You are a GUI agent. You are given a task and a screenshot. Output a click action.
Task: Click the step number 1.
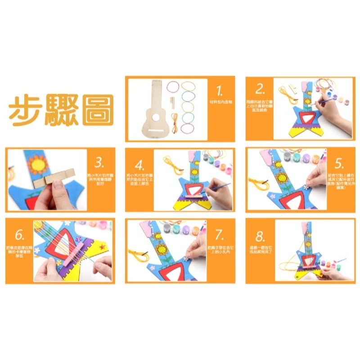(220, 91)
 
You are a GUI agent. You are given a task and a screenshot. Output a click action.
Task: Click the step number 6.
(19, 234)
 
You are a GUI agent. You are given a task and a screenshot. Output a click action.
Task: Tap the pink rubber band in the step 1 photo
(173, 85)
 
